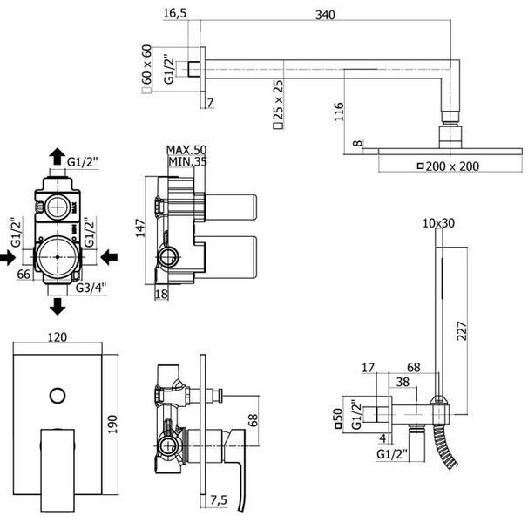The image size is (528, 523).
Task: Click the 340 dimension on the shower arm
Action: [x=325, y=15]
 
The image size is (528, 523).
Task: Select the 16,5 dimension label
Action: [x=175, y=13]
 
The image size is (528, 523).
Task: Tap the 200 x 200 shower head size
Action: [x=448, y=166]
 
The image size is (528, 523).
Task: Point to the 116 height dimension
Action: [x=339, y=112]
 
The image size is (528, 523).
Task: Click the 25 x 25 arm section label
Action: [x=278, y=104]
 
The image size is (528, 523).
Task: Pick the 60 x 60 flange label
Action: [x=147, y=69]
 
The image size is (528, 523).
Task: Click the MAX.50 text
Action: [x=186, y=150]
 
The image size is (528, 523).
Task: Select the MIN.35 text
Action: [x=187, y=161]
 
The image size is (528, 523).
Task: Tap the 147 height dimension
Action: [x=140, y=228]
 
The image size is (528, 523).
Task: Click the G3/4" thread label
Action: [x=91, y=288]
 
